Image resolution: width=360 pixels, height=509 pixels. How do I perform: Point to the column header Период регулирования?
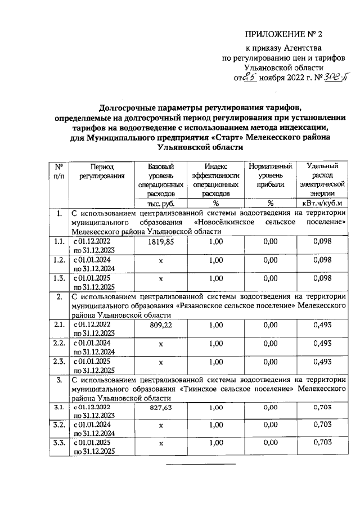click(x=101, y=171)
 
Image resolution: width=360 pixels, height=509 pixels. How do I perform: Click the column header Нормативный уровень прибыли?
click(x=270, y=175)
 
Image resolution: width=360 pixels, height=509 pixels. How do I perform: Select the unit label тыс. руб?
click(x=160, y=203)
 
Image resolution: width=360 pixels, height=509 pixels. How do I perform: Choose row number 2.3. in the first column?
click(x=58, y=361)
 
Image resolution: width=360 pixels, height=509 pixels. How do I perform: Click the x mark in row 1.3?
click(x=160, y=278)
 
